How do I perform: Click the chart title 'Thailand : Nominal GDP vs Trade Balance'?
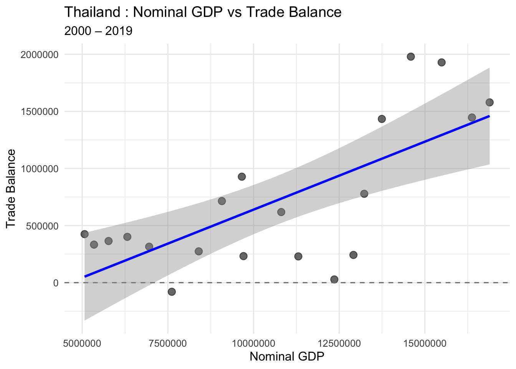coord(203,12)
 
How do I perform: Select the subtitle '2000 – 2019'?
coord(98,31)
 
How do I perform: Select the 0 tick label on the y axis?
coord(56,283)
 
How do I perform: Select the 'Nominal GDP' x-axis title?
coord(287,357)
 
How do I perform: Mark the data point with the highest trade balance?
coord(411,57)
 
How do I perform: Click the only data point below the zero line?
coord(172,292)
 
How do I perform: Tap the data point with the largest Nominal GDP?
coord(490,102)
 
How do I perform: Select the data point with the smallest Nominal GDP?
coord(84,234)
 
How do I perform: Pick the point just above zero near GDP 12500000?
coord(334,279)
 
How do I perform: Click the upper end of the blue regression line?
coord(489,116)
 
